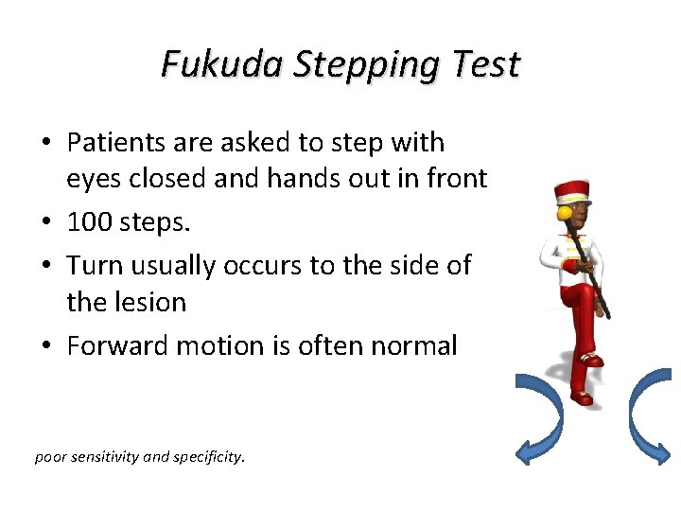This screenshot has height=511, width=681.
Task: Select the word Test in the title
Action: coord(486,64)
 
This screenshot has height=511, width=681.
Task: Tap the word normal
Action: coord(412,345)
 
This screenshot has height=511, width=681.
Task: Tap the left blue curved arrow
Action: coord(540,416)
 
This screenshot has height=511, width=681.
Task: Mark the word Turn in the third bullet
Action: coord(95,265)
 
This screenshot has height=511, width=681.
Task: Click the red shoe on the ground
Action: coord(581,397)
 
